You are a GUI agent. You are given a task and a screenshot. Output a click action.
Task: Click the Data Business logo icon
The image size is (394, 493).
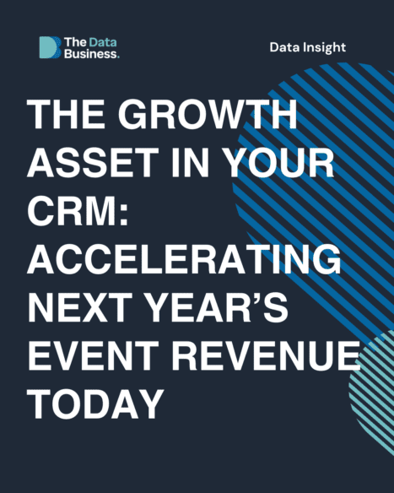[50, 47]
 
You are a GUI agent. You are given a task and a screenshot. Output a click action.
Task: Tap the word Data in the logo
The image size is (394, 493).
[103, 42]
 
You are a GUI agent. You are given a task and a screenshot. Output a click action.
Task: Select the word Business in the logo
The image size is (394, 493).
[90, 54]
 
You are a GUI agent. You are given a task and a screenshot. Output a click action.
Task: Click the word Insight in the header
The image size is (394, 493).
[324, 48]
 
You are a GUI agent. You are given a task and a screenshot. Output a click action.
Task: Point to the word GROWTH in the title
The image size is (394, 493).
[208, 114]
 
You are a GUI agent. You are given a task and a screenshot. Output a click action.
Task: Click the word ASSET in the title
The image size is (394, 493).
[93, 162]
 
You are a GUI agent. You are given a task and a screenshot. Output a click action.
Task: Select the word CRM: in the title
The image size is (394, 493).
[78, 210]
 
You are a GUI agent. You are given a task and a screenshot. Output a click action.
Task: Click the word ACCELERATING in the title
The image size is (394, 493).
[184, 259]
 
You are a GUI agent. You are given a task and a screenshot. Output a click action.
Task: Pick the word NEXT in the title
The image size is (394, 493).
[80, 307]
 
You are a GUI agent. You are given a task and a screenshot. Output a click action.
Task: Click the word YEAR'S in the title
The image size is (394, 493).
[217, 307]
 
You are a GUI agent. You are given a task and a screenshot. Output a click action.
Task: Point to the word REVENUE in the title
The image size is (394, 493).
[266, 355]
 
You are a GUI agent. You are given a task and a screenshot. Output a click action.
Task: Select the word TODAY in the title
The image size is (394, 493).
[95, 404]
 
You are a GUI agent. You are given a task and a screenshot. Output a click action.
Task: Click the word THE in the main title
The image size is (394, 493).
[66, 114]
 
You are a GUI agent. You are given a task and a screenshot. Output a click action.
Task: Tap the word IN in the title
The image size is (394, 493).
[190, 162]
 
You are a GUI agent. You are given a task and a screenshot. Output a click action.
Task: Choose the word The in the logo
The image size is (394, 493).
[75, 42]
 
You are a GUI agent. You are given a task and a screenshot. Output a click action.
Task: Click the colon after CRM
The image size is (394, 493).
[124, 214]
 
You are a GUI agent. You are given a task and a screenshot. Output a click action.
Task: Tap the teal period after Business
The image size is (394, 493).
[118, 57]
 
